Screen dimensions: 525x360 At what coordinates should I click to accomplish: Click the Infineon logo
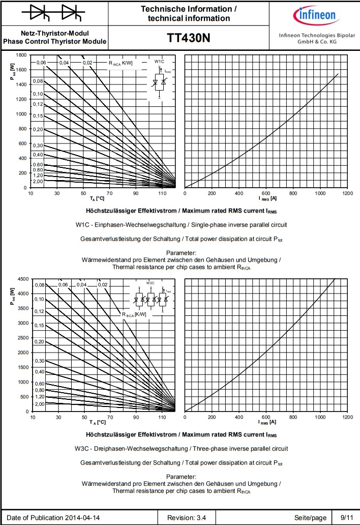pos(316,15)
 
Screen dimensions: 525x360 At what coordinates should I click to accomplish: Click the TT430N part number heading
pos(189,39)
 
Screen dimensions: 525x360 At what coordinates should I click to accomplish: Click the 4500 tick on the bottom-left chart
pos(22,279)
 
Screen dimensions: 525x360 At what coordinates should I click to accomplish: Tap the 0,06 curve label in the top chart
pos(41,63)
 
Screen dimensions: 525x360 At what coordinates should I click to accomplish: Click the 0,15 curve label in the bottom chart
pos(39,325)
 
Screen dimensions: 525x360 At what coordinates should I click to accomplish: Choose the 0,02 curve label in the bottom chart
pos(103,284)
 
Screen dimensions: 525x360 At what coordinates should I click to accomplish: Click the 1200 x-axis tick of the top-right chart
pos(347,194)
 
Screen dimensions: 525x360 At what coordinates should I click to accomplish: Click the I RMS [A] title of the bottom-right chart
pos(267,422)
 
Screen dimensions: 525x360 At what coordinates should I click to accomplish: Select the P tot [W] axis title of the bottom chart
pos(12,294)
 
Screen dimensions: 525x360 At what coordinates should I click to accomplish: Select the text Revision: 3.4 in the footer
pos(187,518)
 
